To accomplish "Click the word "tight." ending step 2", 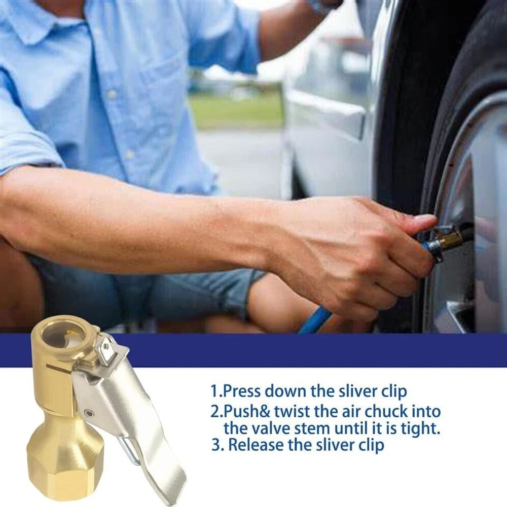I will coord(418,428).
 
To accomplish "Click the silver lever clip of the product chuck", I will coord(132,406).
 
